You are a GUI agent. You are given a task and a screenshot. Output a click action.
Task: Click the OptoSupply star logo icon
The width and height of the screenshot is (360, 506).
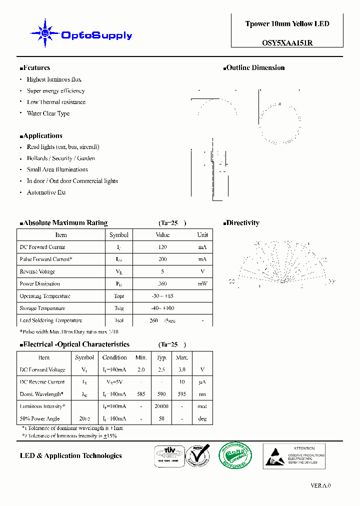pyautogui.click(x=45, y=33)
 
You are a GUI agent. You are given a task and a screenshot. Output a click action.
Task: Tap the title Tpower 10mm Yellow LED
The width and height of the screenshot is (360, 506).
pyautogui.click(x=287, y=24)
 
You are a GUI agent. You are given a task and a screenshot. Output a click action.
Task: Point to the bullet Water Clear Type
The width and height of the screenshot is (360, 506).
pyautogui.click(x=48, y=113)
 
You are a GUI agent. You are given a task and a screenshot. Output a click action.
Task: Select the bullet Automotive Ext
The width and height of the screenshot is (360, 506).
pyautogui.click(x=46, y=192)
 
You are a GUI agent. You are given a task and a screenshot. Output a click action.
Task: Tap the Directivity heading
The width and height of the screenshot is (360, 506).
pyautogui.click(x=241, y=223)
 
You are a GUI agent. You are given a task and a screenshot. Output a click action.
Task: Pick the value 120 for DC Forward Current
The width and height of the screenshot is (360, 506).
pyautogui.click(x=162, y=247)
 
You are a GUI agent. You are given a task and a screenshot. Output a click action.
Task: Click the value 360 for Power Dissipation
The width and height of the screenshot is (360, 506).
pyautogui.click(x=162, y=284)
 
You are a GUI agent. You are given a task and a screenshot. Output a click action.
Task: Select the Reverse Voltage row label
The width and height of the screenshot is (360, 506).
pyautogui.click(x=37, y=271)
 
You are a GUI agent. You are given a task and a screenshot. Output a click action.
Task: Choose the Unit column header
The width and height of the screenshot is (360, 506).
pyautogui.click(x=202, y=235)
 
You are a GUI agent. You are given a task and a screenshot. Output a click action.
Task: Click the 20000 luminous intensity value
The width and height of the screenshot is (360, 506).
pyautogui.click(x=161, y=406)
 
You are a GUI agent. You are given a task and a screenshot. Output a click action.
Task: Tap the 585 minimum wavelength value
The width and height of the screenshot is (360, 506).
pyautogui.click(x=141, y=394)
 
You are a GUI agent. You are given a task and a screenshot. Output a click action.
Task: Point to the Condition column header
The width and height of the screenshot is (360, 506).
pyautogui.click(x=114, y=357)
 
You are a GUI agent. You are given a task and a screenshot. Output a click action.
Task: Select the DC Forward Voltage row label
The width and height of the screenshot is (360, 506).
pyautogui.click(x=42, y=369)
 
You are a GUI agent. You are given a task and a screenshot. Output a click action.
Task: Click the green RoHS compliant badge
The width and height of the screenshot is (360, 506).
pyautogui.click(x=235, y=455)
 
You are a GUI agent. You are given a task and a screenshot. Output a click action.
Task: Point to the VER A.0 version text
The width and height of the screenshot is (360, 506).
pyautogui.click(x=320, y=485)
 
